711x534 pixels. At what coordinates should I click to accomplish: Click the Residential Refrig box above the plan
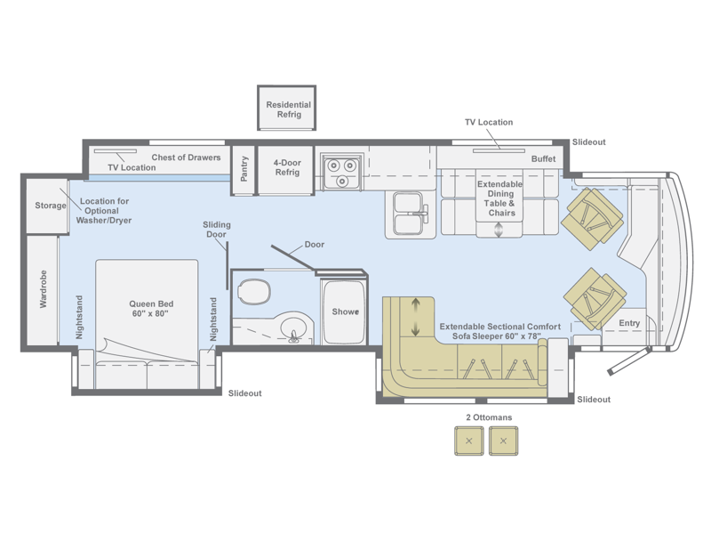(x=286, y=108)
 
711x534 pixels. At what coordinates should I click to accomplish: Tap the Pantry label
(x=244, y=169)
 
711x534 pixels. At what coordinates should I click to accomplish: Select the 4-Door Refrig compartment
(x=285, y=170)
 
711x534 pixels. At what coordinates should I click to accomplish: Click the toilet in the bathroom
(x=254, y=292)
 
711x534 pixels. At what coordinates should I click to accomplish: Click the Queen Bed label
(x=151, y=309)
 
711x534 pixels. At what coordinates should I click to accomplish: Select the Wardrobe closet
(x=43, y=290)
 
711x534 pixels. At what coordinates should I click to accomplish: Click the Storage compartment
(x=47, y=206)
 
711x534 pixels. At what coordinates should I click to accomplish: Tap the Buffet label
(x=543, y=159)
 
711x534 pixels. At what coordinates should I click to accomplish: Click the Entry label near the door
(x=629, y=323)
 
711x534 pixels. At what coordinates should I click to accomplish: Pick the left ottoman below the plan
(x=469, y=441)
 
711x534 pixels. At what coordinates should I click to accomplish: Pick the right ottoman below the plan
(x=503, y=441)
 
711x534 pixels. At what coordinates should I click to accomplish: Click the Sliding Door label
(x=216, y=230)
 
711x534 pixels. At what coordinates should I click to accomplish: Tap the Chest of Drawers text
(x=186, y=158)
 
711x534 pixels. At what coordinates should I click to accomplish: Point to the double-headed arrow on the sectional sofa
(x=415, y=317)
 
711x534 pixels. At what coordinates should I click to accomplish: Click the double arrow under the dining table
(x=499, y=230)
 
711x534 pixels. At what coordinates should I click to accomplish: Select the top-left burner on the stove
(x=334, y=166)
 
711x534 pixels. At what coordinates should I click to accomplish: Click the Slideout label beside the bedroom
(x=245, y=393)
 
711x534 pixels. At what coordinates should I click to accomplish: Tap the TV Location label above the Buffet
(x=489, y=122)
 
